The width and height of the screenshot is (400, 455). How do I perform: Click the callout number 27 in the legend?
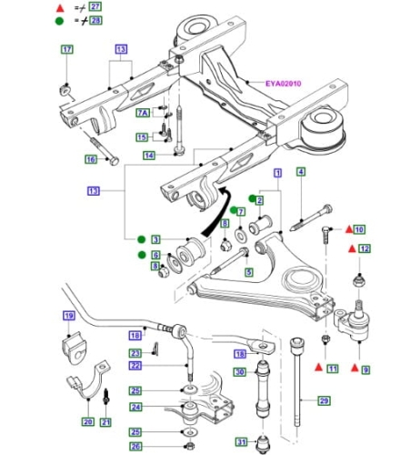(x=95, y=6)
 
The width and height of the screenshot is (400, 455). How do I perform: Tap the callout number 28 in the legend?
(x=95, y=20)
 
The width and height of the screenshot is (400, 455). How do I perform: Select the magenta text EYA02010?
(x=284, y=84)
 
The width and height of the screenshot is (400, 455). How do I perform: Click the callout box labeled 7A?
(x=143, y=113)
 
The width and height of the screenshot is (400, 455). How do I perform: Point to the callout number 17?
(x=67, y=49)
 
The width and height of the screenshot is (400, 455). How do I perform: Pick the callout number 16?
(x=91, y=159)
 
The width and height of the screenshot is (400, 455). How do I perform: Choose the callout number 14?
(x=149, y=156)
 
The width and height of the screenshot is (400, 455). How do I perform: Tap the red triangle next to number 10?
(x=349, y=229)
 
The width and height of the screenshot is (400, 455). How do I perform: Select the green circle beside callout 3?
(x=141, y=239)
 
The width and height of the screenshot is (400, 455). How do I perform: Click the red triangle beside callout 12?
(x=352, y=249)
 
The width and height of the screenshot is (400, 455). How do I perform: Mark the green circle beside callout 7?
(x=233, y=210)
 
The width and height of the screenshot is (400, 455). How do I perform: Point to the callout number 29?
(x=324, y=400)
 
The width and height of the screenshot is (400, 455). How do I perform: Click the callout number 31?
(x=241, y=442)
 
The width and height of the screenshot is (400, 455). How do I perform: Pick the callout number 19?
(x=69, y=316)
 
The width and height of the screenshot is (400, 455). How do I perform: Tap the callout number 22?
(x=135, y=366)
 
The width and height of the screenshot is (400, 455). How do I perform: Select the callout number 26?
(x=135, y=446)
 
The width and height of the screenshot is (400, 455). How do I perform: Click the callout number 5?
(x=249, y=271)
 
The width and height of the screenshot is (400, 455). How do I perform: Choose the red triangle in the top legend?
(x=60, y=8)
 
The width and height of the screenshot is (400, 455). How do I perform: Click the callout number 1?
(x=277, y=173)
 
